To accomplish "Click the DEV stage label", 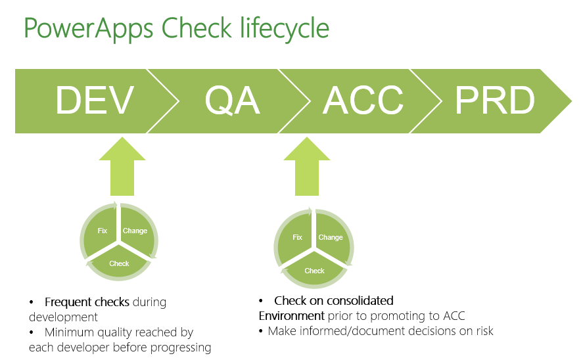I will click(95, 101).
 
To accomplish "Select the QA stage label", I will click(232, 101).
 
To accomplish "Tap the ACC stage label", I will click(363, 101).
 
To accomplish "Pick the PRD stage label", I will click(494, 101).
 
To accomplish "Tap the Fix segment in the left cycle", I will click(102, 231).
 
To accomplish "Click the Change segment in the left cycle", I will click(135, 231).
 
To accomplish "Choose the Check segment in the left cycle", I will click(119, 263).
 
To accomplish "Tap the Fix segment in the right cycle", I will click(297, 237).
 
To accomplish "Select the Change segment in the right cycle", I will click(330, 237).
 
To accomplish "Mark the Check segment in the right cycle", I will click(314, 270).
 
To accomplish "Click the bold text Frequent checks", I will click(87, 303).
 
